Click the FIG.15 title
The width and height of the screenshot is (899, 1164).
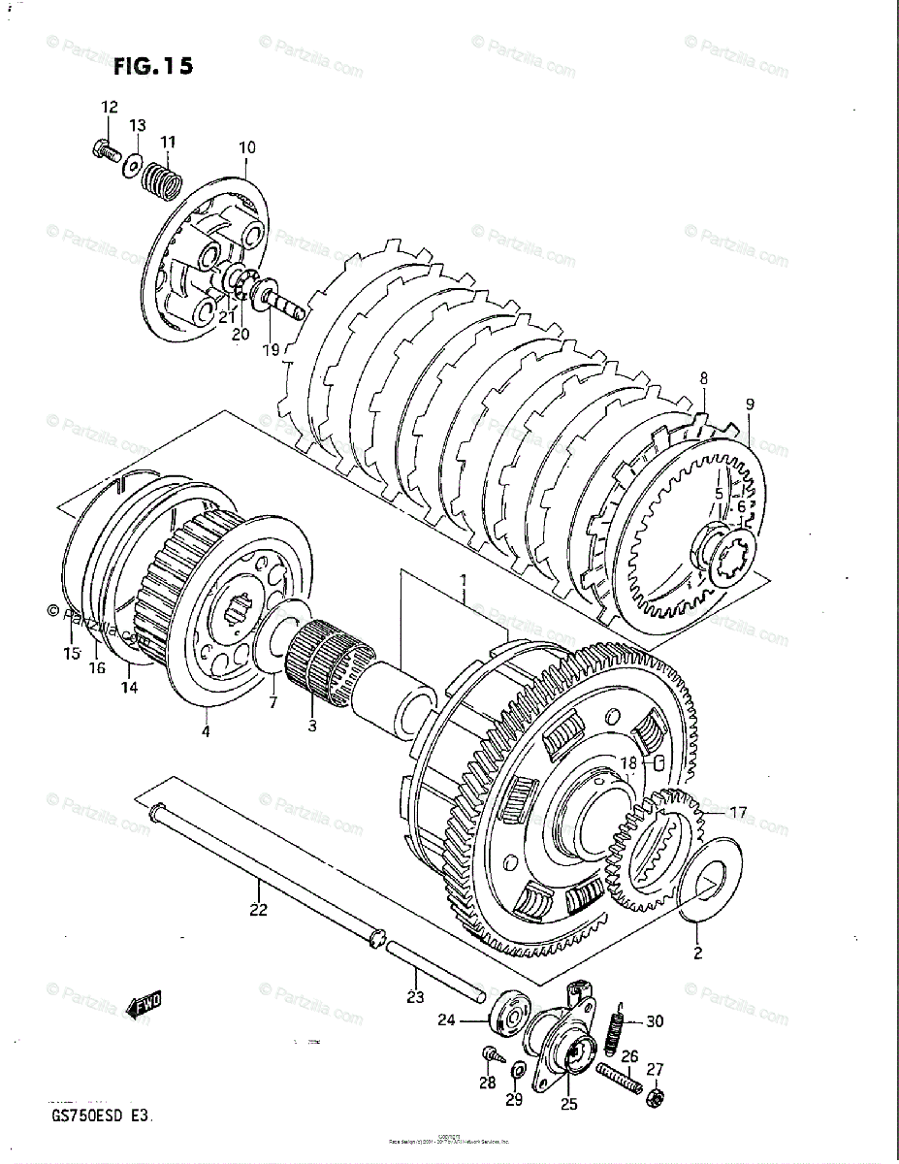pos(152,66)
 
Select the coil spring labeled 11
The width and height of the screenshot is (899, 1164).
pos(162,176)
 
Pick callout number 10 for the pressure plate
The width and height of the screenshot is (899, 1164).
pos(246,147)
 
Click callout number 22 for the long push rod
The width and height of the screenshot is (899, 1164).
pos(258,910)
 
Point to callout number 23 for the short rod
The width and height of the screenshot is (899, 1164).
pos(415,996)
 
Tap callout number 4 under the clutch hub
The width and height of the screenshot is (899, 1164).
pos(206,731)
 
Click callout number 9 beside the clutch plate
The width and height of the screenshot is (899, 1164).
pos(750,404)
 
